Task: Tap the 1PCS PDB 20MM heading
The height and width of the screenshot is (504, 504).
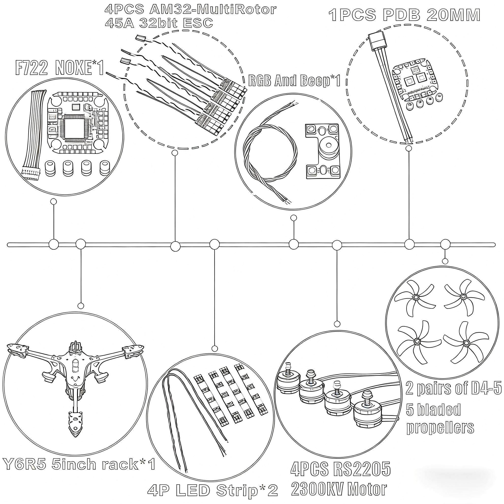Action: click(x=404, y=15)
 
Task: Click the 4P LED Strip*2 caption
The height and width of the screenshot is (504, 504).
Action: click(x=213, y=490)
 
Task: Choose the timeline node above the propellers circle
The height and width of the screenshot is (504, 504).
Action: click(x=445, y=245)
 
